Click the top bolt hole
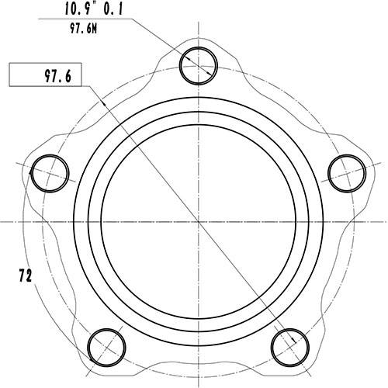[x=199, y=64]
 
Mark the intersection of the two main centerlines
[x=199, y=221]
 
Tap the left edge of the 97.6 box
[x=9, y=76]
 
